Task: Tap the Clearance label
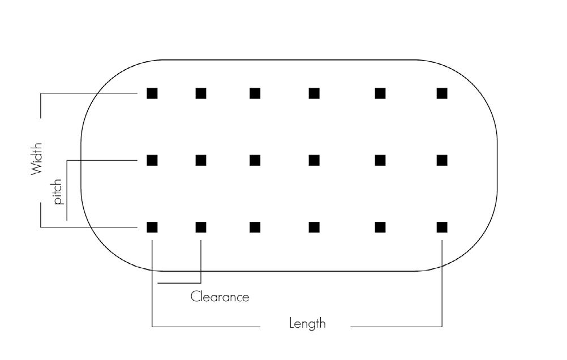220,297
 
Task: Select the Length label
307,324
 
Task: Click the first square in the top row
152,93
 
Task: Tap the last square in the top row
442,93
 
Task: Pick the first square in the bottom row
152,228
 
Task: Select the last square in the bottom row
442,228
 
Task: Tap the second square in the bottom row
201,228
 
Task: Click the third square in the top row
255,93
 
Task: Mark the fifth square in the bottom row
380,228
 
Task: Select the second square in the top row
201,93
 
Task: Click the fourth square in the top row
314,93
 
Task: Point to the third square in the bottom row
255,228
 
